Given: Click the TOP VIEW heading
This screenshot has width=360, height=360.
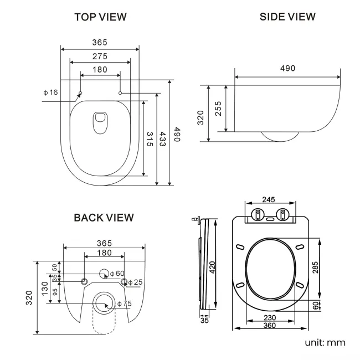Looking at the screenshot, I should point(100,17).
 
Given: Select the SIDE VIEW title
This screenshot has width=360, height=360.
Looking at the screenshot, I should point(287,17).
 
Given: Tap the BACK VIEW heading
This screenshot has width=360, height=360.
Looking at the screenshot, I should point(104,218).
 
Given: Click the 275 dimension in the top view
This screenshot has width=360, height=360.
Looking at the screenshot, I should point(100,56).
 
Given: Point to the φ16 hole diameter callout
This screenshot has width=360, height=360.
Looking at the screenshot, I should point(50,92).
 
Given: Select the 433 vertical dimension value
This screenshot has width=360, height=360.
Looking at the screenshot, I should point(163,138).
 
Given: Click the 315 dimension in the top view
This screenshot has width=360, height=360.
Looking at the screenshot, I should point(149,138).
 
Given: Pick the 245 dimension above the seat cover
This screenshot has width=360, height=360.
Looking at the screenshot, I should point(269,200).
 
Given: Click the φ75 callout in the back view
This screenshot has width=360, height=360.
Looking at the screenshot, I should point(124,303).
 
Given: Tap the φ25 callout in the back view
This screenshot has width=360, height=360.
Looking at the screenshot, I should point(135,282).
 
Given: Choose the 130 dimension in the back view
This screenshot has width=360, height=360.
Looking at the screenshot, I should point(44,287).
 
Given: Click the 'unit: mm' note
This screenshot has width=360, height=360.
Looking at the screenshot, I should point(325,342).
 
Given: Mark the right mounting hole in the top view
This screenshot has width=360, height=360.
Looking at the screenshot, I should point(120,93).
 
